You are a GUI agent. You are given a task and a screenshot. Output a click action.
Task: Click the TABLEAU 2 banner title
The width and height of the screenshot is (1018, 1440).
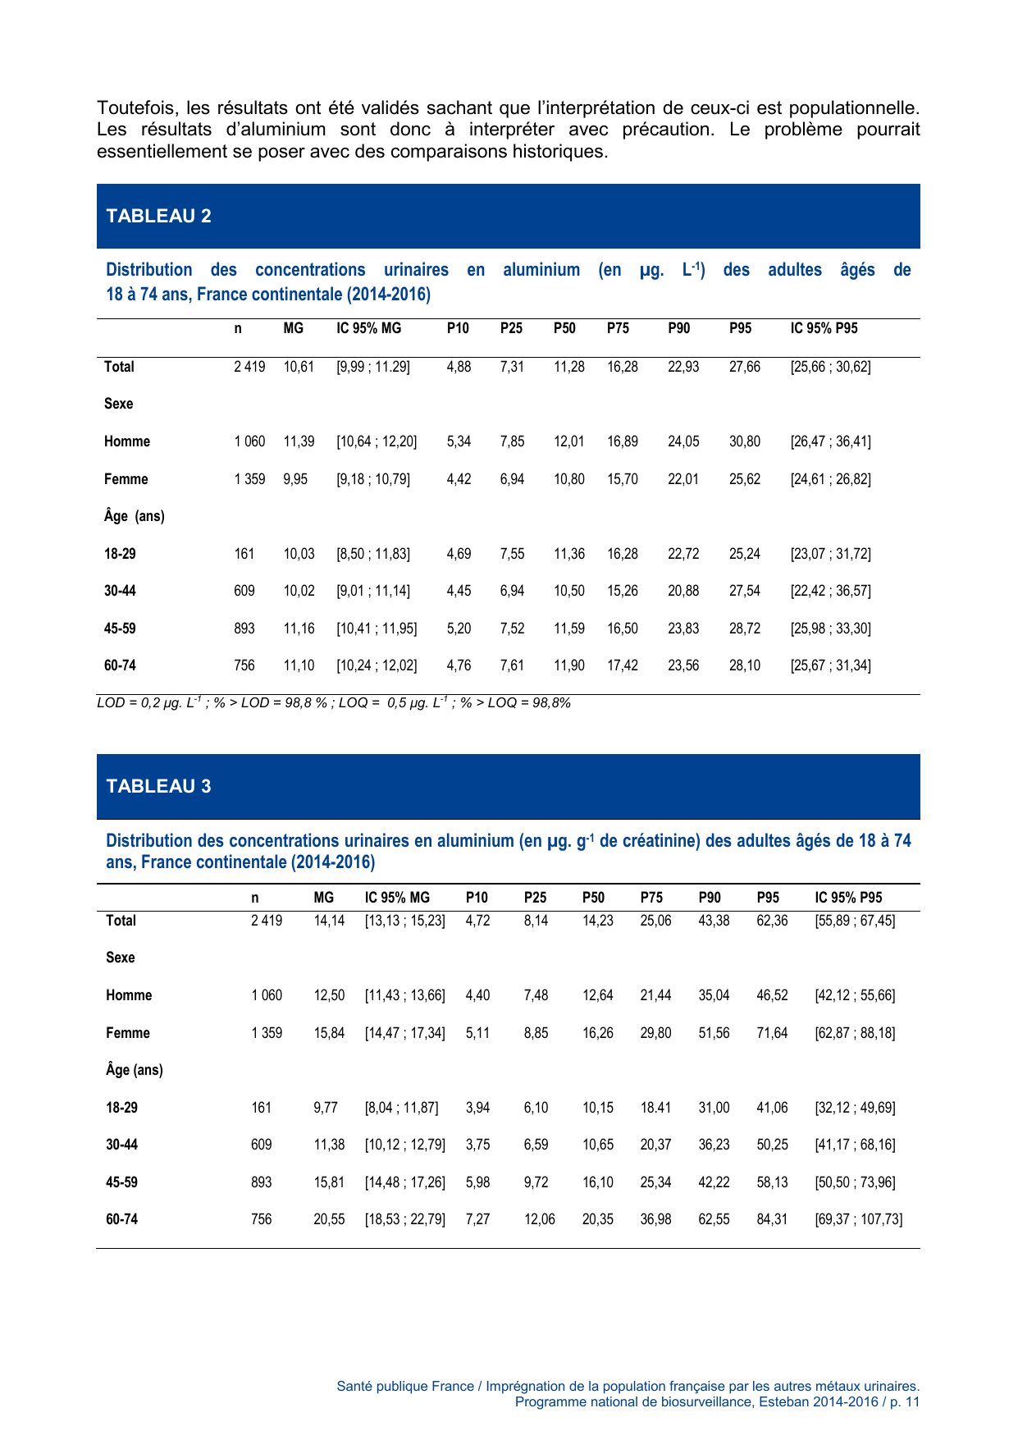click(x=158, y=216)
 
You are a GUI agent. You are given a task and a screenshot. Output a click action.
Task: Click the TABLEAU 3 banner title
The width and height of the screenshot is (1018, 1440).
click(x=158, y=786)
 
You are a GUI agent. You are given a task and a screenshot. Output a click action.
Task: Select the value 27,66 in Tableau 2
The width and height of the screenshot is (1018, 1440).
click(x=744, y=367)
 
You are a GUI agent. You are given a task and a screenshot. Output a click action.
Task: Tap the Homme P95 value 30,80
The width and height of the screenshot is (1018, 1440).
click(x=744, y=441)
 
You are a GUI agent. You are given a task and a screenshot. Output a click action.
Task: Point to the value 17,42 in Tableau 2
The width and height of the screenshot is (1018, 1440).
click(x=622, y=665)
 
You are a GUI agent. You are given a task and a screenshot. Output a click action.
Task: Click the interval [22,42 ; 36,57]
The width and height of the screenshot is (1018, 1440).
click(x=830, y=591)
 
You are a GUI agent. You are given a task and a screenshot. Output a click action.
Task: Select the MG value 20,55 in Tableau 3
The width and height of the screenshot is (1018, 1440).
click(x=329, y=1219)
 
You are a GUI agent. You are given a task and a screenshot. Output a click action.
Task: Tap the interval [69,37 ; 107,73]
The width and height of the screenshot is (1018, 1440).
click(x=858, y=1219)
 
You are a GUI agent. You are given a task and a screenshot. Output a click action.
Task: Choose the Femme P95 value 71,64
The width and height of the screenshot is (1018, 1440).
click(x=771, y=1033)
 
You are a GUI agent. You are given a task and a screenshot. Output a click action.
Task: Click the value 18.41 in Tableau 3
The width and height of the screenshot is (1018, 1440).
click(x=655, y=1108)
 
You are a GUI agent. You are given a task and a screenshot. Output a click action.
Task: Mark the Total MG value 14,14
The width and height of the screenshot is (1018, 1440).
click(x=329, y=921)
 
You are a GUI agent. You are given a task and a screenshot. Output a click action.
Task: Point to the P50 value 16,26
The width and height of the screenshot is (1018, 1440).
click(x=597, y=1033)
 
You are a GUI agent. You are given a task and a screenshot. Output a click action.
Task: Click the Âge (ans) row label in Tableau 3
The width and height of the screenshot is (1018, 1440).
click(x=134, y=1070)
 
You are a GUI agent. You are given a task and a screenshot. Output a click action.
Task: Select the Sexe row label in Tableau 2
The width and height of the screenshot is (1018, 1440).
click(x=118, y=404)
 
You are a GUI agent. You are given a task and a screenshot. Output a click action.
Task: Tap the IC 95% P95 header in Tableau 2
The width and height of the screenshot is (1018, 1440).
click(x=824, y=328)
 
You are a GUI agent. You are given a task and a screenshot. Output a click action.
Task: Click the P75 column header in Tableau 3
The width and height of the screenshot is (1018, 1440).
click(x=651, y=898)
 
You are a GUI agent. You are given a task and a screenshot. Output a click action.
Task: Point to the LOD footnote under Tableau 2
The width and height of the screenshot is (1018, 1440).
click(x=333, y=703)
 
